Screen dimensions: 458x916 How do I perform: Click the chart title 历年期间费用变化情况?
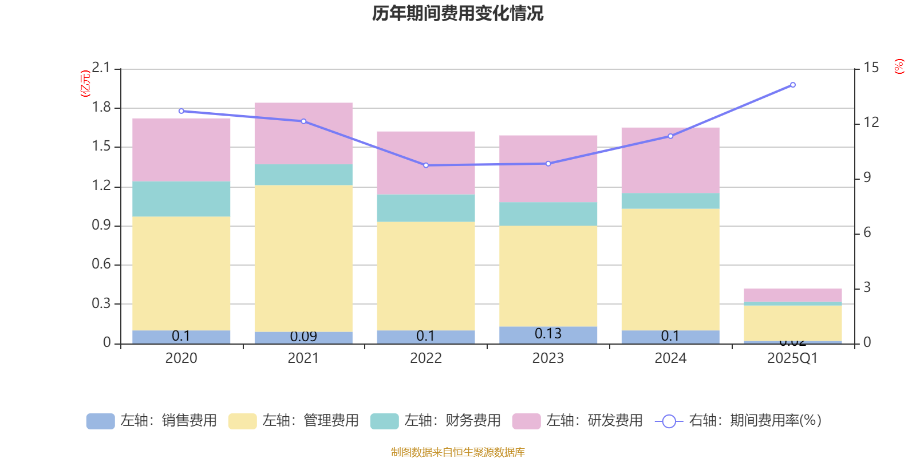click(457, 14)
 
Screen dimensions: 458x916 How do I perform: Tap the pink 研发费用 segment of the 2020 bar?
click(181, 149)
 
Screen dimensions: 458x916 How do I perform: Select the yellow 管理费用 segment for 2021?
click(303, 258)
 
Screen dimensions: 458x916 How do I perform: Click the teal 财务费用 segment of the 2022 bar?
click(426, 208)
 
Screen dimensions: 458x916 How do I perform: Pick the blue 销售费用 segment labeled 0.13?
click(548, 335)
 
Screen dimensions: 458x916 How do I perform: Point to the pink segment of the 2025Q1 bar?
click(793, 295)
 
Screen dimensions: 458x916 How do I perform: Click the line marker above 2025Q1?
click(793, 85)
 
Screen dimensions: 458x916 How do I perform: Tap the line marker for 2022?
click(426, 165)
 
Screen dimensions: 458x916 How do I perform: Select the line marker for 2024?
click(670, 136)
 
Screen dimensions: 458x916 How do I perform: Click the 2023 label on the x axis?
click(548, 358)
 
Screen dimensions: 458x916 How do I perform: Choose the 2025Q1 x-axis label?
click(793, 358)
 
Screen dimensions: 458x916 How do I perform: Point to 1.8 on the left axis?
click(101, 108)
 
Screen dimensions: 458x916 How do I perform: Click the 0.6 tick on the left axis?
click(101, 264)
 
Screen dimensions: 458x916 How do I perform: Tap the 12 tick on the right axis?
click(871, 123)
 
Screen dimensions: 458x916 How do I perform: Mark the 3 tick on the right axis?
click(867, 287)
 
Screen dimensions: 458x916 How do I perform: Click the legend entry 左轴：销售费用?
click(152, 421)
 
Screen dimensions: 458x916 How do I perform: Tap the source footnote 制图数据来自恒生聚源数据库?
click(457, 452)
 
